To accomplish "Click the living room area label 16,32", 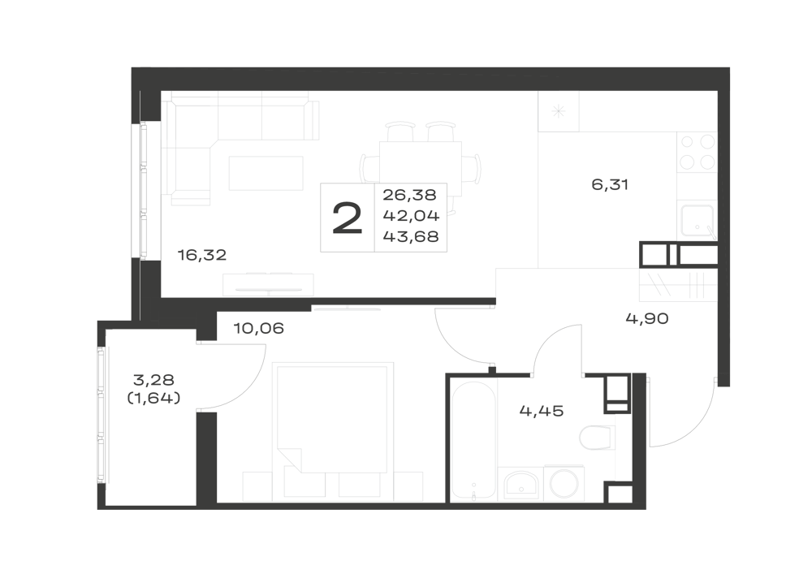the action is tap(202, 255).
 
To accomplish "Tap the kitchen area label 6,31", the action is tap(610, 184).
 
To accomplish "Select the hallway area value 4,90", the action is tap(647, 318).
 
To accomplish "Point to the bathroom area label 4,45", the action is tap(541, 411).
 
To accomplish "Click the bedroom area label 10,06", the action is tap(258, 328).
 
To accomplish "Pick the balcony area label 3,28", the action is tap(153, 380).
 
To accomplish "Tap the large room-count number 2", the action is tap(347, 218).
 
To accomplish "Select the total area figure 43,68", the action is tap(411, 236).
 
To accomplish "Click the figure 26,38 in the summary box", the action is tap(409, 195).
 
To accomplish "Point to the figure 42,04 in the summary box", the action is tap(411, 215).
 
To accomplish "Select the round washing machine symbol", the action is tap(564, 483).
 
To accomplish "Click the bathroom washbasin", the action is tap(520, 483).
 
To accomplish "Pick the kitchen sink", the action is tap(697, 221).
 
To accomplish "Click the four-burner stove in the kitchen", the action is tap(697, 153).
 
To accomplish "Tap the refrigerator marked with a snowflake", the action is tap(559, 110).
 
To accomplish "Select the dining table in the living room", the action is tap(420, 168).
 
